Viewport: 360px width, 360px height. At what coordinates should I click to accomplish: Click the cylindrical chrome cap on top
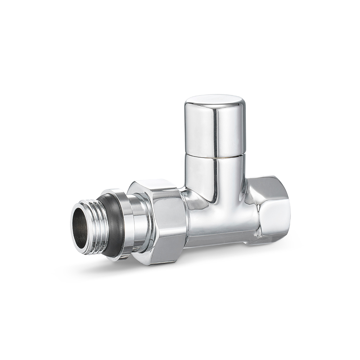tap(215, 126)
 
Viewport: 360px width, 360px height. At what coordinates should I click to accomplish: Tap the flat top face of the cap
tap(215, 100)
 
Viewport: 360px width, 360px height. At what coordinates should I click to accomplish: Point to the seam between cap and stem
tap(215, 155)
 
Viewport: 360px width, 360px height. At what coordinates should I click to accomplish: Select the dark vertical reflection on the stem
tap(215, 180)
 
